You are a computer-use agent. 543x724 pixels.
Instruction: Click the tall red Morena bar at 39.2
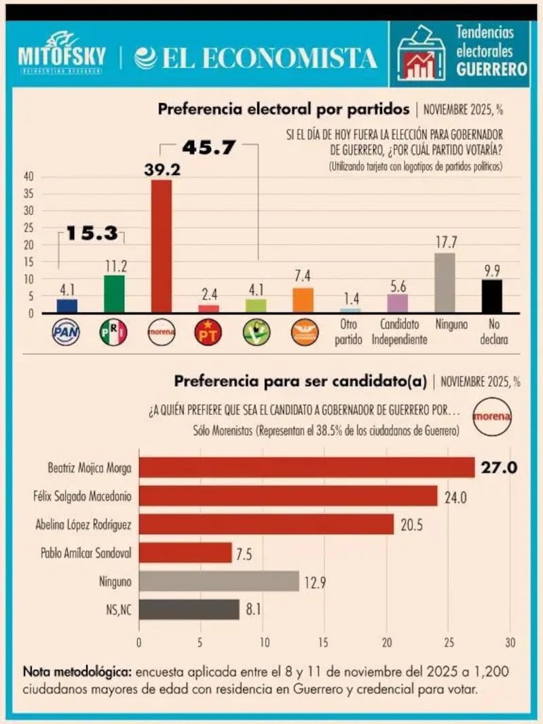[161, 246]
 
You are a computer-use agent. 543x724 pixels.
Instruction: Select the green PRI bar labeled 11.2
[114, 294]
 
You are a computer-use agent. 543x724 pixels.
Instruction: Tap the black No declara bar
[492, 296]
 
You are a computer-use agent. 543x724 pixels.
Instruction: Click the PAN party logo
[67, 332]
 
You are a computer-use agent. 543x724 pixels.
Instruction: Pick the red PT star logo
[208, 332]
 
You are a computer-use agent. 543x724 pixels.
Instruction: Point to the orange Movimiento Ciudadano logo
[304, 332]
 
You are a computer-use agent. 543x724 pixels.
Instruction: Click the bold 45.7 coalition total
[208, 148]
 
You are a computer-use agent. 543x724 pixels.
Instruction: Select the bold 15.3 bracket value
[92, 234]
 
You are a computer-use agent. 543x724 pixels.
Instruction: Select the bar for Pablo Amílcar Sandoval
[185, 552]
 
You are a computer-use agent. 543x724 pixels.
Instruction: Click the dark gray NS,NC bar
[189, 609]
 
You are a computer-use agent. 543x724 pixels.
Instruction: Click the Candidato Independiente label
[399, 332]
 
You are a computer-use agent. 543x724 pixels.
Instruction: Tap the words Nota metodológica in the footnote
[77, 672]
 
